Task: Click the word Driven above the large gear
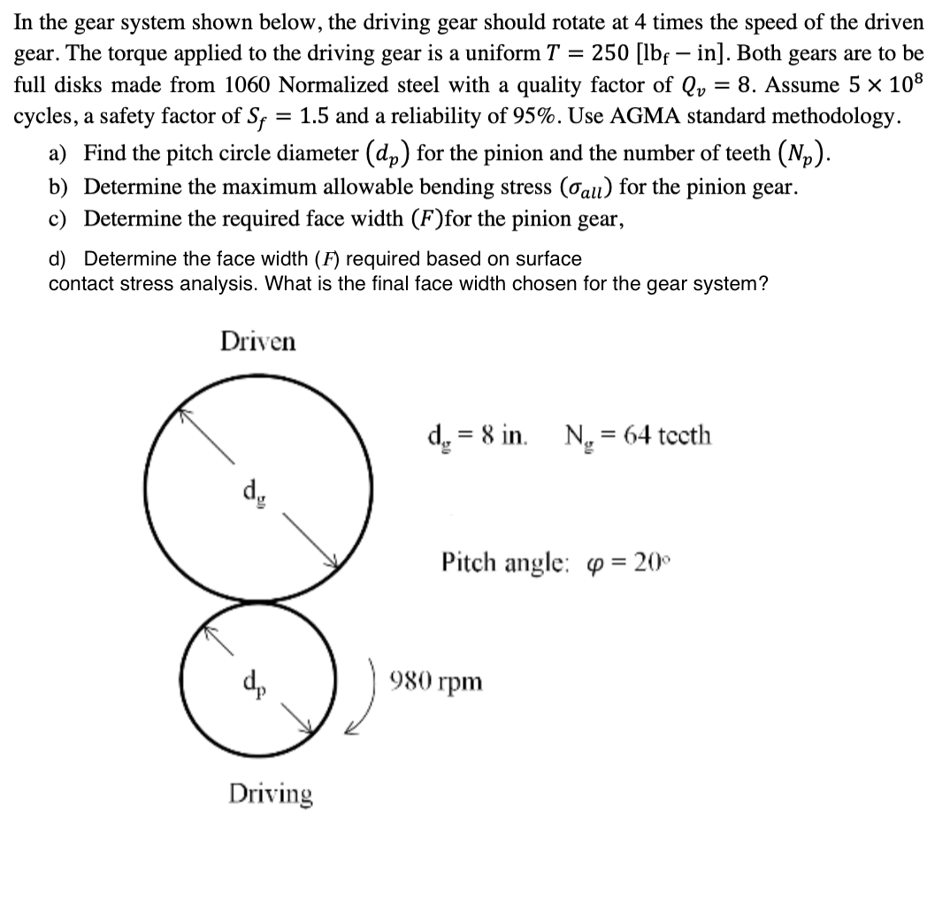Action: [258, 341]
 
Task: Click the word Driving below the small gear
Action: [271, 794]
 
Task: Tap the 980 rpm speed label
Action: [448, 681]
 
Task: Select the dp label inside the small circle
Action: [251, 683]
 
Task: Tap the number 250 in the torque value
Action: [610, 52]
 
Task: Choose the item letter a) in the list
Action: [59, 154]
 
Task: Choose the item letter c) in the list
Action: [59, 218]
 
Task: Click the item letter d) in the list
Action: [59, 259]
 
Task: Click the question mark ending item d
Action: [761, 284]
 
